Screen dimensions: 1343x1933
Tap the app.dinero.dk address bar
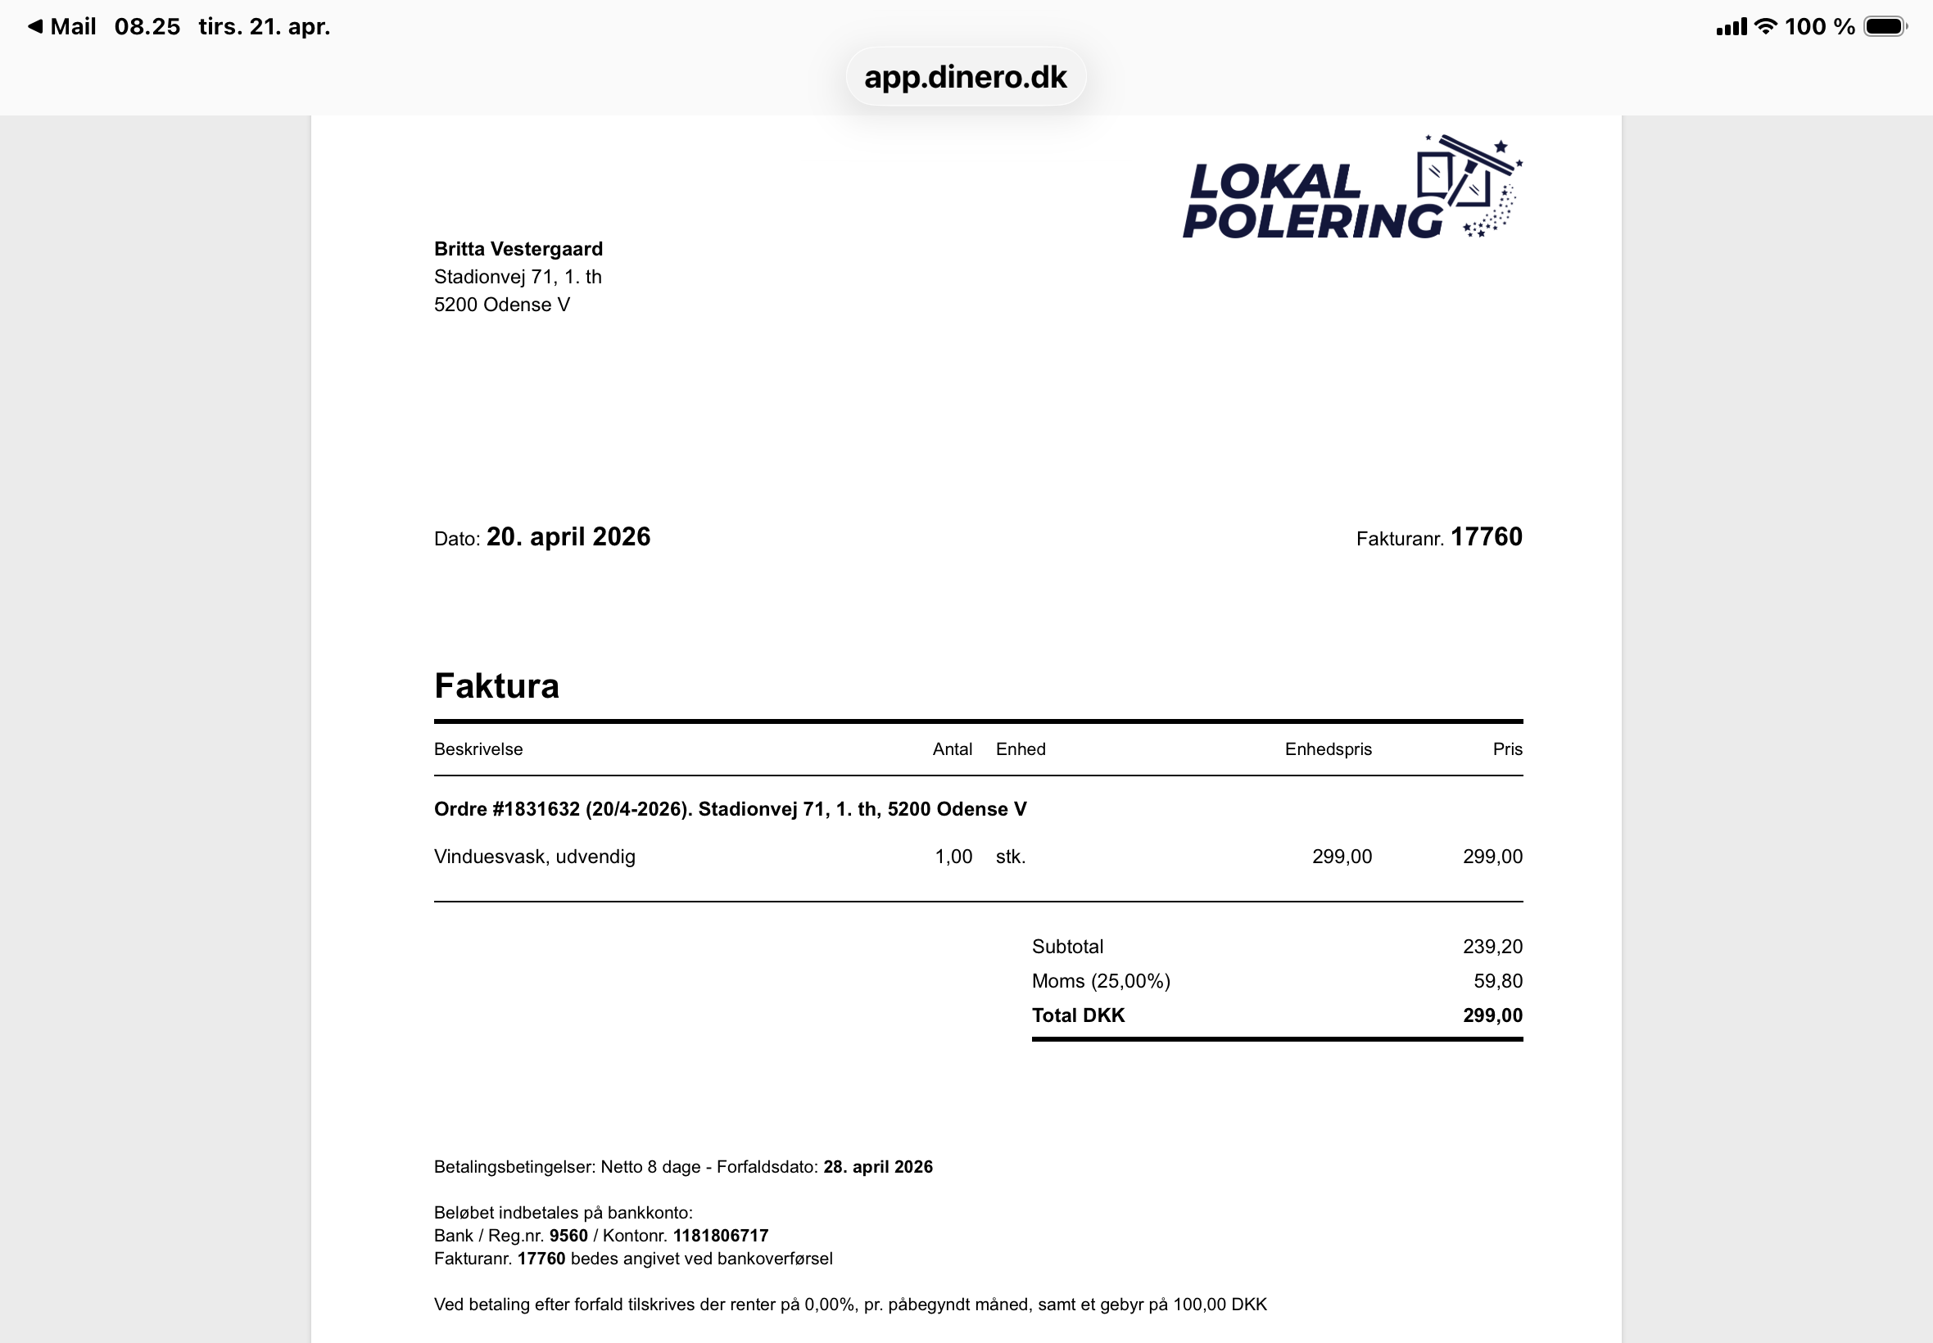965,77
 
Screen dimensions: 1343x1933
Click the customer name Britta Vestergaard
518,249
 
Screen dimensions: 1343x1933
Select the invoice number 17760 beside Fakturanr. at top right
1486,537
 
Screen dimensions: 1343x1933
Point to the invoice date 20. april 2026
568,537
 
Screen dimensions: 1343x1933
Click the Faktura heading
496,685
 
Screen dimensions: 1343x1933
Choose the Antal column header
952,749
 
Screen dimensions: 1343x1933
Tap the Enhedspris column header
1328,749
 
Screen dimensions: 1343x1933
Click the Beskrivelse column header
478,749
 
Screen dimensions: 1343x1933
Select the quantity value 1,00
953,857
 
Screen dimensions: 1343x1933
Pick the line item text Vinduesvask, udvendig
534,857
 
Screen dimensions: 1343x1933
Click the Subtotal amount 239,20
1492,947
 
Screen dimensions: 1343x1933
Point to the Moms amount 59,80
1498,981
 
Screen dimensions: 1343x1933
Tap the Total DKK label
1078,1015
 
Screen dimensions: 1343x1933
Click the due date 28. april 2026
878,1167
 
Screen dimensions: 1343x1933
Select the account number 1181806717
720,1236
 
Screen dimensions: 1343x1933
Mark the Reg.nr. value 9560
568,1236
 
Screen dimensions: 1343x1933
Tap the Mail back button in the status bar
62,27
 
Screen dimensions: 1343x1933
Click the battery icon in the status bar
1884,27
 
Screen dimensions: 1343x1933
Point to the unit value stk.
1011,857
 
